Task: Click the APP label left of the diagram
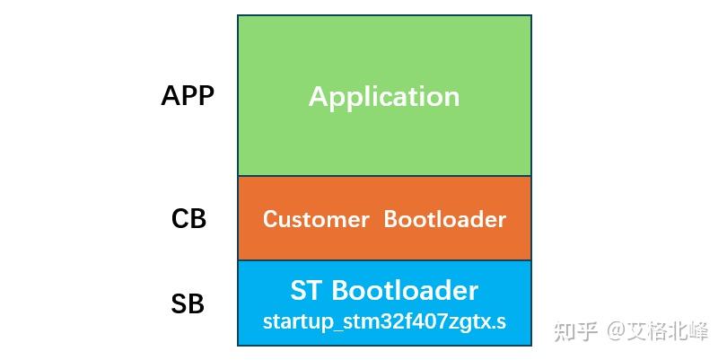point(188,96)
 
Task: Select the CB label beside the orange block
point(188,218)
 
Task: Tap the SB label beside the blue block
point(188,304)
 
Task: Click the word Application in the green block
point(384,97)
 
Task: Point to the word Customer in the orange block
point(316,219)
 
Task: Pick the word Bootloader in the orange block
point(445,219)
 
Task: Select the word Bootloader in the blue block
point(405,291)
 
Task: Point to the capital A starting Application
point(318,96)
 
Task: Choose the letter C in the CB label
point(180,218)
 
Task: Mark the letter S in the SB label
point(179,304)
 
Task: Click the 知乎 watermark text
point(576,331)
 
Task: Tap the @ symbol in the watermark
point(616,331)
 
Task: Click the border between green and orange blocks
point(384,176)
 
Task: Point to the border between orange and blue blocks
point(384,260)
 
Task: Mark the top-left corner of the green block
point(238,15)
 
